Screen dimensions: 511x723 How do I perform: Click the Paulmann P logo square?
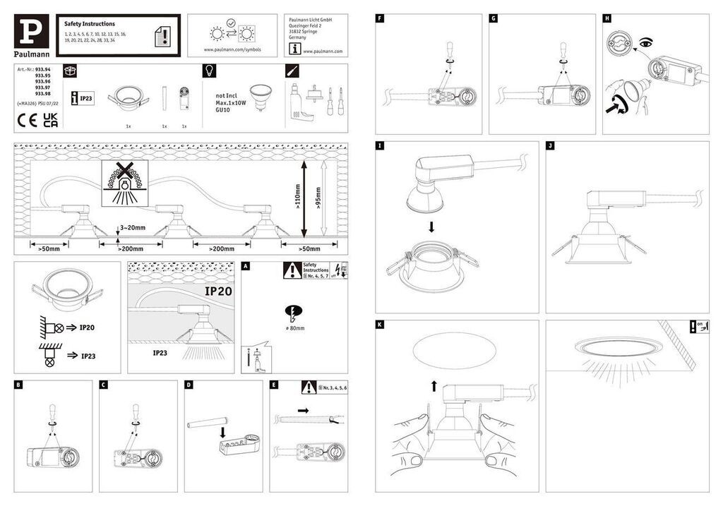click(31, 31)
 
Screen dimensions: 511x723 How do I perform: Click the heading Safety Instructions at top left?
click(89, 24)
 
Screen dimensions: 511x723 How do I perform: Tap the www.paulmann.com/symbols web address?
click(232, 51)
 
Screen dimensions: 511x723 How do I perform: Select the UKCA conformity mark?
click(50, 119)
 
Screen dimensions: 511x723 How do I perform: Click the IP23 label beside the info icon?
click(86, 99)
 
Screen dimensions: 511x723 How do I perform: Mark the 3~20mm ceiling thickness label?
click(132, 228)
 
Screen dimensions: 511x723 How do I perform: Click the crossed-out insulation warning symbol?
click(124, 181)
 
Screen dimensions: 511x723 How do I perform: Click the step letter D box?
click(189, 385)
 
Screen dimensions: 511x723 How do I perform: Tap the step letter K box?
click(381, 325)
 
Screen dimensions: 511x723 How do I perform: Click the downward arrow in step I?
click(431, 227)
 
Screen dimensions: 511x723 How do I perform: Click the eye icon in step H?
click(643, 44)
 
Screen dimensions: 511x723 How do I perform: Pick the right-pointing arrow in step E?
click(303, 410)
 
